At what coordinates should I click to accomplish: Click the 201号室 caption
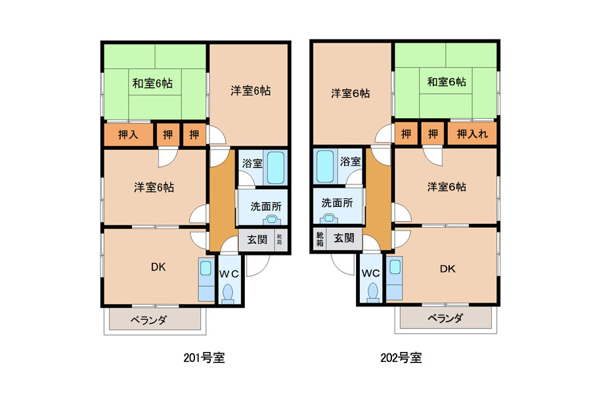point(204,357)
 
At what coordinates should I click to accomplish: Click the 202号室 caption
point(401,357)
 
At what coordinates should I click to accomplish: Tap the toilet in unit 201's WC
point(228,294)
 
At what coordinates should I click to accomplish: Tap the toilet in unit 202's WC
point(372,292)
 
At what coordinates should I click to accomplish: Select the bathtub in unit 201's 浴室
point(276,168)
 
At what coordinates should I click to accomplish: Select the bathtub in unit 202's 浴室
point(325,166)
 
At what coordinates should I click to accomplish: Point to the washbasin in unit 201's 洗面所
point(271,219)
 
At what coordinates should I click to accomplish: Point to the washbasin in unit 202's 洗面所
point(329,218)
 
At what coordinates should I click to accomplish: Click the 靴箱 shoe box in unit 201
point(279,240)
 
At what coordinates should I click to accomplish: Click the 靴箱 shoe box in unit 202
point(320,238)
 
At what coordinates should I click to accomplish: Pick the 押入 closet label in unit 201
point(128,135)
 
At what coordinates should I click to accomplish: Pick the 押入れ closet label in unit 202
point(472,133)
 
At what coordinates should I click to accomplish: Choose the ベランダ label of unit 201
point(148,320)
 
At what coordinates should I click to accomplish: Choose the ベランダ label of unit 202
point(445,318)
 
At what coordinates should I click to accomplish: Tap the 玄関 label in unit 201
point(257,240)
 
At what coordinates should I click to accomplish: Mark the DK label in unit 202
point(447,269)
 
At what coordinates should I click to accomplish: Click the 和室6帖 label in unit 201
point(152,83)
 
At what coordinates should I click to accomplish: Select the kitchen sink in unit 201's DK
point(206,269)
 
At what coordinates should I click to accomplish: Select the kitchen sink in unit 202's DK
point(395,267)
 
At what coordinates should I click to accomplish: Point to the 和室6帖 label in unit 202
point(447,81)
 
